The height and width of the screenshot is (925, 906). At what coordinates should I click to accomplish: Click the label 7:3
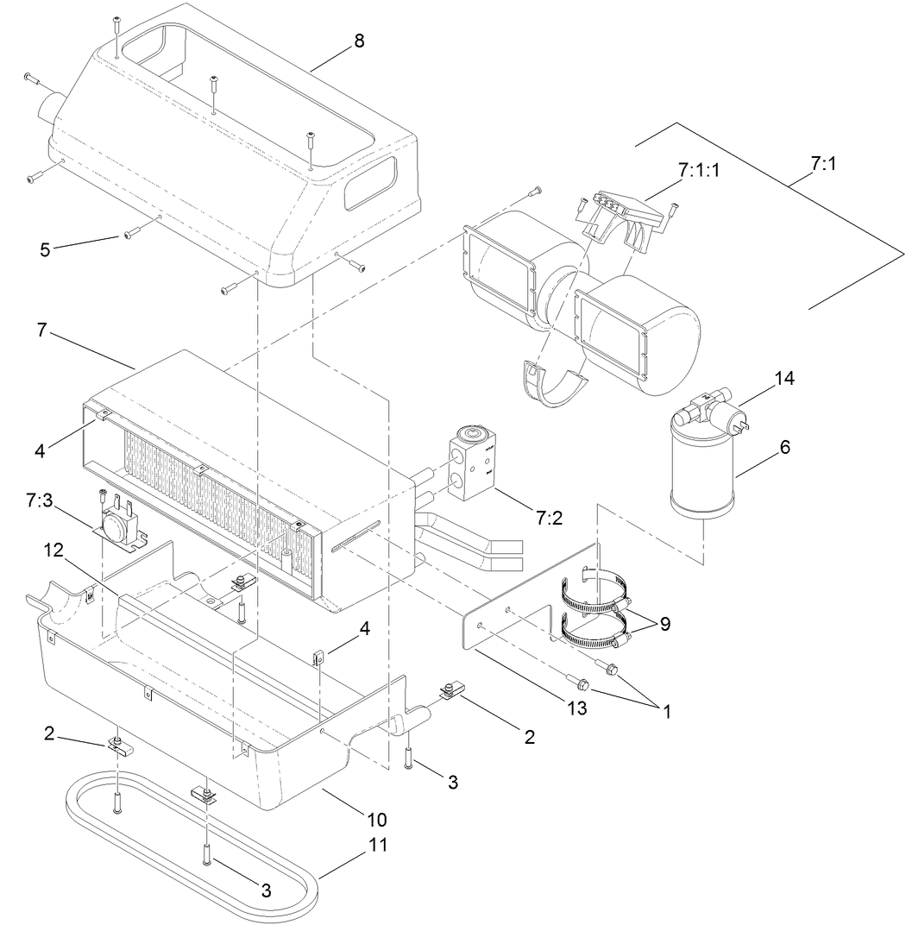click(x=42, y=500)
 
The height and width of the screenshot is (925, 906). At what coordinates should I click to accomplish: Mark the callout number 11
click(x=378, y=843)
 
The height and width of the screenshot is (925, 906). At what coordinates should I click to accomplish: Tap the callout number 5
click(x=46, y=249)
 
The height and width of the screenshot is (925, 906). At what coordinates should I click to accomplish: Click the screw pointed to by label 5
click(x=132, y=233)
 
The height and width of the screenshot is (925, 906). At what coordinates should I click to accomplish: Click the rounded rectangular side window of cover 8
click(x=370, y=183)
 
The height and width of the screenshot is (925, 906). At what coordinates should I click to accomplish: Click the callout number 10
click(x=376, y=818)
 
